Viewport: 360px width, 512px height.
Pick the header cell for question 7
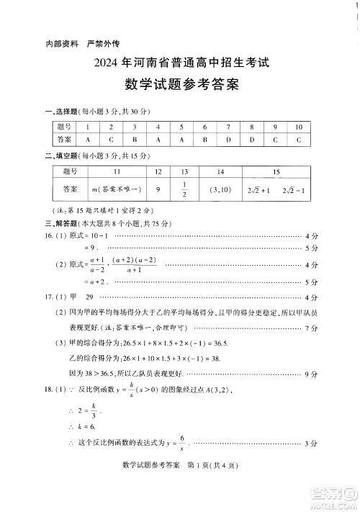(x=228, y=127)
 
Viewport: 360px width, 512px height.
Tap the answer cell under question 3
(x=135, y=139)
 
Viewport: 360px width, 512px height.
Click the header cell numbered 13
(x=184, y=172)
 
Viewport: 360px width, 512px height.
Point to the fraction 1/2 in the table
(x=184, y=189)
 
